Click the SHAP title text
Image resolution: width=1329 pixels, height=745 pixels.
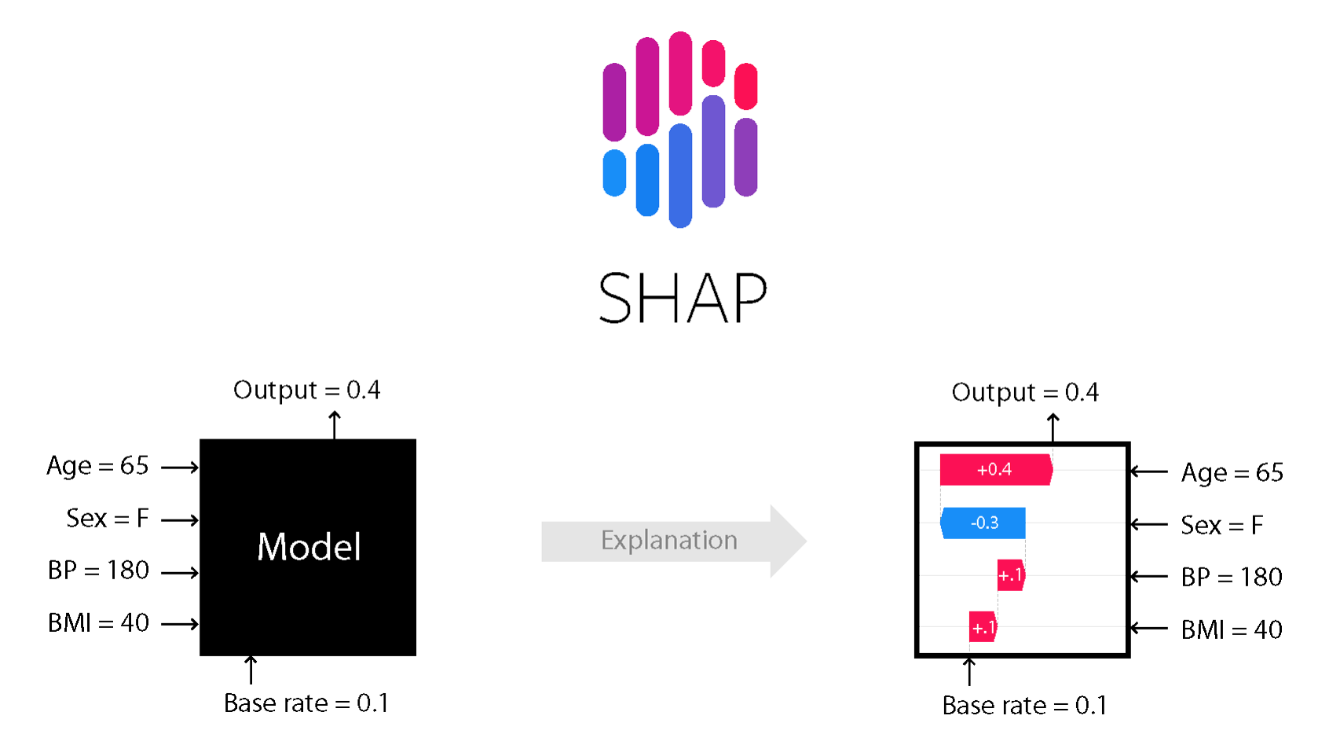(x=682, y=299)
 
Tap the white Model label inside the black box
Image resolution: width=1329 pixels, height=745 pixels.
(x=309, y=547)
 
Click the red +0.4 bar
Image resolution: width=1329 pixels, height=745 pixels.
(x=995, y=470)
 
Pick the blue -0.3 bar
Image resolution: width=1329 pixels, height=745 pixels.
(x=983, y=523)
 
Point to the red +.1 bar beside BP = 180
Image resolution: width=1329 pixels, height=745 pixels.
(x=1011, y=575)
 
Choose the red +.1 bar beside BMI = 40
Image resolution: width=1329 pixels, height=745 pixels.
(x=983, y=627)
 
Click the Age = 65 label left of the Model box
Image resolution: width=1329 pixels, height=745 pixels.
(x=97, y=466)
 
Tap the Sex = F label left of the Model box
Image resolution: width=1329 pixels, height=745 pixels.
(x=108, y=519)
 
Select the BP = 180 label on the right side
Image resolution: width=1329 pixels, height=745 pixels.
(x=1232, y=578)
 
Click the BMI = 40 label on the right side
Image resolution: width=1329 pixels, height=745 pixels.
(x=1232, y=629)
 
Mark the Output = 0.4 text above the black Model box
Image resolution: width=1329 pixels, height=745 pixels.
(x=306, y=390)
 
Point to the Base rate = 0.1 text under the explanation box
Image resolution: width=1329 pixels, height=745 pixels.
(x=1024, y=706)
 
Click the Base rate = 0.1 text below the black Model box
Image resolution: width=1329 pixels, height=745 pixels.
(x=306, y=703)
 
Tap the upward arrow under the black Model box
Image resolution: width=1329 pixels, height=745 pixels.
(x=251, y=670)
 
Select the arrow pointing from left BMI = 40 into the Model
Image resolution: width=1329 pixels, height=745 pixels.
(x=180, y=624)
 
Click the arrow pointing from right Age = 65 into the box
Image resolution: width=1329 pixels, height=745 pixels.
(x=1149, y=472)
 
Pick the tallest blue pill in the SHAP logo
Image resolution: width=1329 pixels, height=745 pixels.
(x=680, y=175)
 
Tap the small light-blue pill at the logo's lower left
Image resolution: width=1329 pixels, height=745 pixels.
(x=614, y=173)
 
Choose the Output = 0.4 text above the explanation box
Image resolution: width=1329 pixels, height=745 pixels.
(x=1025, y=392)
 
